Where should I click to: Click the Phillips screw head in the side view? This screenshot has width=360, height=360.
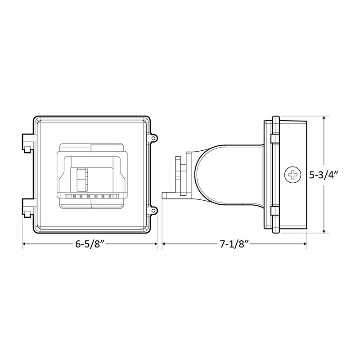[x=293, y=175]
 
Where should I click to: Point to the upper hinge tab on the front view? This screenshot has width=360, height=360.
[x=28, y=141]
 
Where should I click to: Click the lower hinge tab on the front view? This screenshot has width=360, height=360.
[x=28, y=207]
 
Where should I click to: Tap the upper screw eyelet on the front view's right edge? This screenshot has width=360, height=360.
[x=153, y=138]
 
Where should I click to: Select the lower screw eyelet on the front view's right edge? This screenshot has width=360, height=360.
[x=153, y=210]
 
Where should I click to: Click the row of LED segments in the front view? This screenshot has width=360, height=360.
[x=92, y=197]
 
